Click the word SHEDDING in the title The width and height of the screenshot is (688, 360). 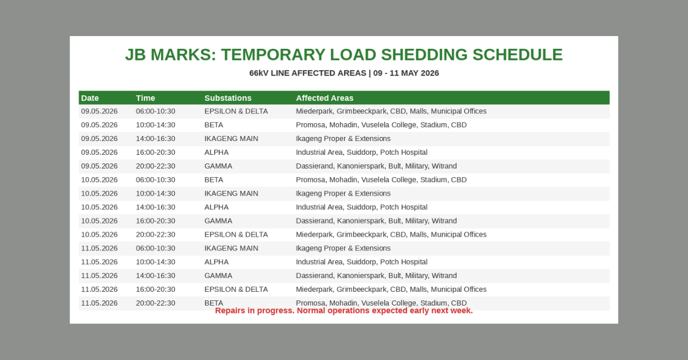click(424, 55)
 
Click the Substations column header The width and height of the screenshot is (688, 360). click(228, 98)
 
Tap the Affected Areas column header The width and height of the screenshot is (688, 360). click(325, 98)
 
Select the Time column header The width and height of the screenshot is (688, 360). click(146, 98)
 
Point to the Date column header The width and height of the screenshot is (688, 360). click(90, 98)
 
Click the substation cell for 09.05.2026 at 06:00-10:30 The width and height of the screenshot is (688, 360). click(236, 111)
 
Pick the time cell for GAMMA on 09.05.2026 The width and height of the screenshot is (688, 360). click(156, 166)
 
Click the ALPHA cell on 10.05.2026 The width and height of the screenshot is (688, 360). click(217, 208)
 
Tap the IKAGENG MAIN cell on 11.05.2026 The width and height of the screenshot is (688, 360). click(231, 248)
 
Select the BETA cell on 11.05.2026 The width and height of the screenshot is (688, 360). click(214, 303)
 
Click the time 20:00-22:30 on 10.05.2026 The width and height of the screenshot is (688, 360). click(156, 234)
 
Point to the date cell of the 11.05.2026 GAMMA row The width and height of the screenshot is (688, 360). click(99, 276)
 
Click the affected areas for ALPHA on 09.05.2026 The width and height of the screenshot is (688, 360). click(362, 152)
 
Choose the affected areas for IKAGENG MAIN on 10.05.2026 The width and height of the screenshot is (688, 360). click(343, 194)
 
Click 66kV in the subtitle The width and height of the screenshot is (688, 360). click(259, 73)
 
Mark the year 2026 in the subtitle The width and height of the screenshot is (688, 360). click(429, 73)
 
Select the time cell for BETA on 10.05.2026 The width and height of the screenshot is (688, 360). click(156, 180)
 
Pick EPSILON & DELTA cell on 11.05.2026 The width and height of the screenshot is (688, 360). click(236, 289)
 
